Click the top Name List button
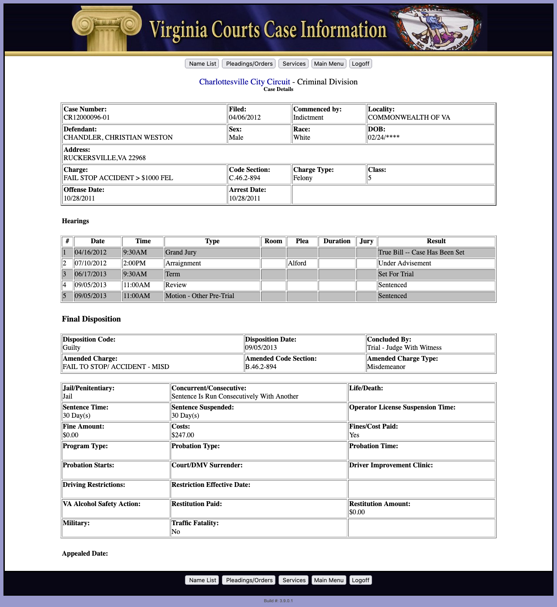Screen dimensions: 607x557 click(x=202, y=64)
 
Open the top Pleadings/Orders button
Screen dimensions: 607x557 click(x=249, y=64)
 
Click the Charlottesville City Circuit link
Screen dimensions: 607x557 click(x=245, y=82)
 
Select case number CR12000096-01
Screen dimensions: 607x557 click(x=87, y=117)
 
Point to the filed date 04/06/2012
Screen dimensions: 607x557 click(x=245, y=117)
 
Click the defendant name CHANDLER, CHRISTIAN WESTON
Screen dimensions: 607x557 click(x=118, y=137)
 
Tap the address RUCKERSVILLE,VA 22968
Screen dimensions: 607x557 click(x=104, y=158)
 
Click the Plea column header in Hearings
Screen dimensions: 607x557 click(x=302, y=241)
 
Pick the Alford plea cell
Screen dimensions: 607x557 click(x=297, y=263)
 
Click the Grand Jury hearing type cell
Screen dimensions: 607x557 click(x=181, y=252)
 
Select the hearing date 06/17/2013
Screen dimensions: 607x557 click(x=91, y=274)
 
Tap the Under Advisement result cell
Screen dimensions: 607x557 click(x=405, y=263)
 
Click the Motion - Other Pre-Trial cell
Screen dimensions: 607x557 click(x=200, y=296)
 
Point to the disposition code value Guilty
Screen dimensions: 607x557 click(x=72, y=348)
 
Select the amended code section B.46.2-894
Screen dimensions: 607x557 click(x=261, y=367)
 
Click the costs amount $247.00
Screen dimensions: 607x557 click(x=183, y=435)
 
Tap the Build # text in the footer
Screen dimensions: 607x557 click(x=278, y=601)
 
